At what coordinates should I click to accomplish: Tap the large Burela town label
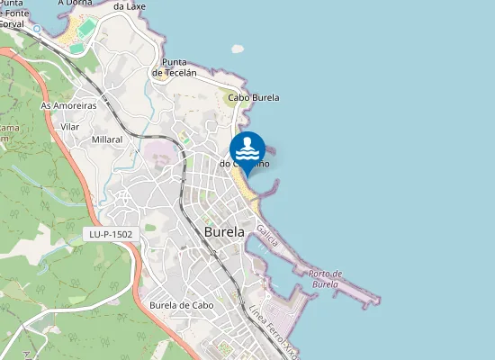click(x=225, y=231)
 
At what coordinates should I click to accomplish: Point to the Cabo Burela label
click(x=254, y=98)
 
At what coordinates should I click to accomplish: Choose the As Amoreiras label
click(x=68, y=105)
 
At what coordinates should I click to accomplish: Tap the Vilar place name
click(x=69, y=127)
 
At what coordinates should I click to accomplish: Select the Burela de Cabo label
click(x=181, y=304)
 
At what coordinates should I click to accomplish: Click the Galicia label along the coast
click(x=266, y=238)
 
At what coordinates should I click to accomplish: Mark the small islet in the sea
click(x=238, y=49)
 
